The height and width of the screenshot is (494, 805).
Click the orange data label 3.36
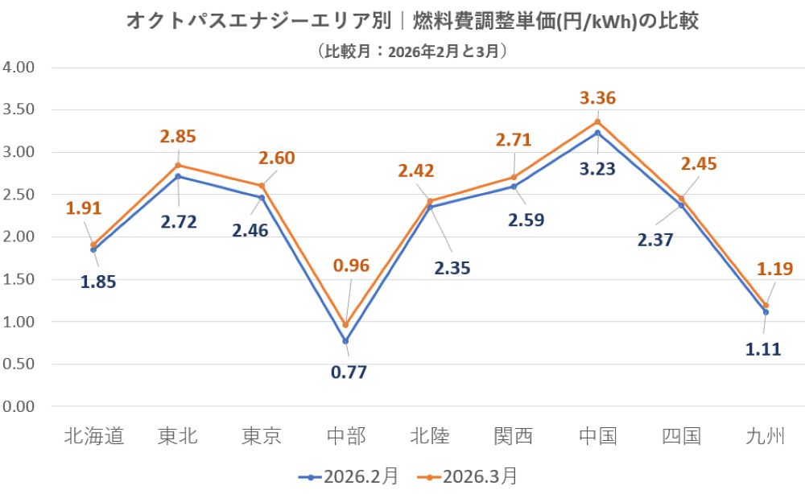tap(598, 99)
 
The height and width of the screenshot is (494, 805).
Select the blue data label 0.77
tap(346, 373)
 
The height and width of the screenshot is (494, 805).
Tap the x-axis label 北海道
tap(93, 437)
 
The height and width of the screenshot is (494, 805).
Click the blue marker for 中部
tap(346, 341)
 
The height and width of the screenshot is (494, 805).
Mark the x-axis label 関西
tap(514, 437)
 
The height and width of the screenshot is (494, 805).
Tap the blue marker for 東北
tap(178, 176)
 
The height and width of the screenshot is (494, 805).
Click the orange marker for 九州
tap(766, 306)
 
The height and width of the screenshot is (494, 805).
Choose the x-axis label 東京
tap(262, 437)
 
